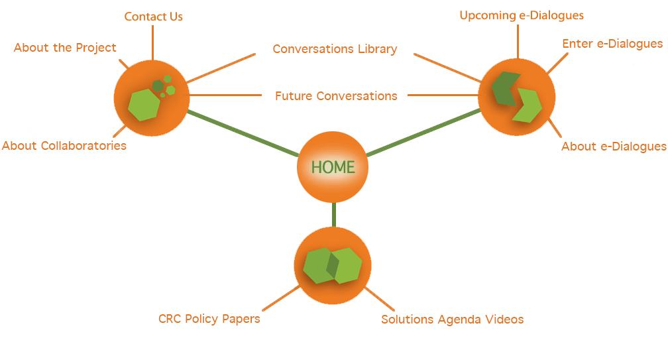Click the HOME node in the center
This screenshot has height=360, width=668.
333,167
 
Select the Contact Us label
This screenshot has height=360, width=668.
154,17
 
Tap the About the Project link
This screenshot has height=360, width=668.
65,48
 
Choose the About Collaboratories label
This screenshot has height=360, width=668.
64,145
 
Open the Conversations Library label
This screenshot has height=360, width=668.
335,49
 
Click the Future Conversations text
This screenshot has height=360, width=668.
336,96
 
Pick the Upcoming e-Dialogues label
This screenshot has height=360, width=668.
522,15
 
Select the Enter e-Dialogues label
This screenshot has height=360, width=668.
612,44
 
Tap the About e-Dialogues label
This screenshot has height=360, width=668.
614,147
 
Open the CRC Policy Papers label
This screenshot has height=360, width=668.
209,319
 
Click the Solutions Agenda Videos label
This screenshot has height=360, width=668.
452,320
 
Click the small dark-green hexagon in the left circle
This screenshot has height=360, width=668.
158,86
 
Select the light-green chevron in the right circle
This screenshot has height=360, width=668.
529,106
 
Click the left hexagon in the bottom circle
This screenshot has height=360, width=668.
317,265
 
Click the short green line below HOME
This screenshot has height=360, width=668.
333,214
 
